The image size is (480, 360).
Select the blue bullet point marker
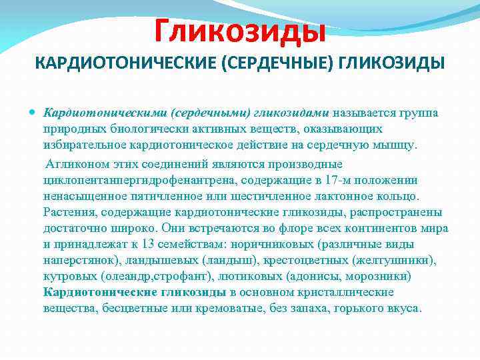(x=34, y=112)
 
